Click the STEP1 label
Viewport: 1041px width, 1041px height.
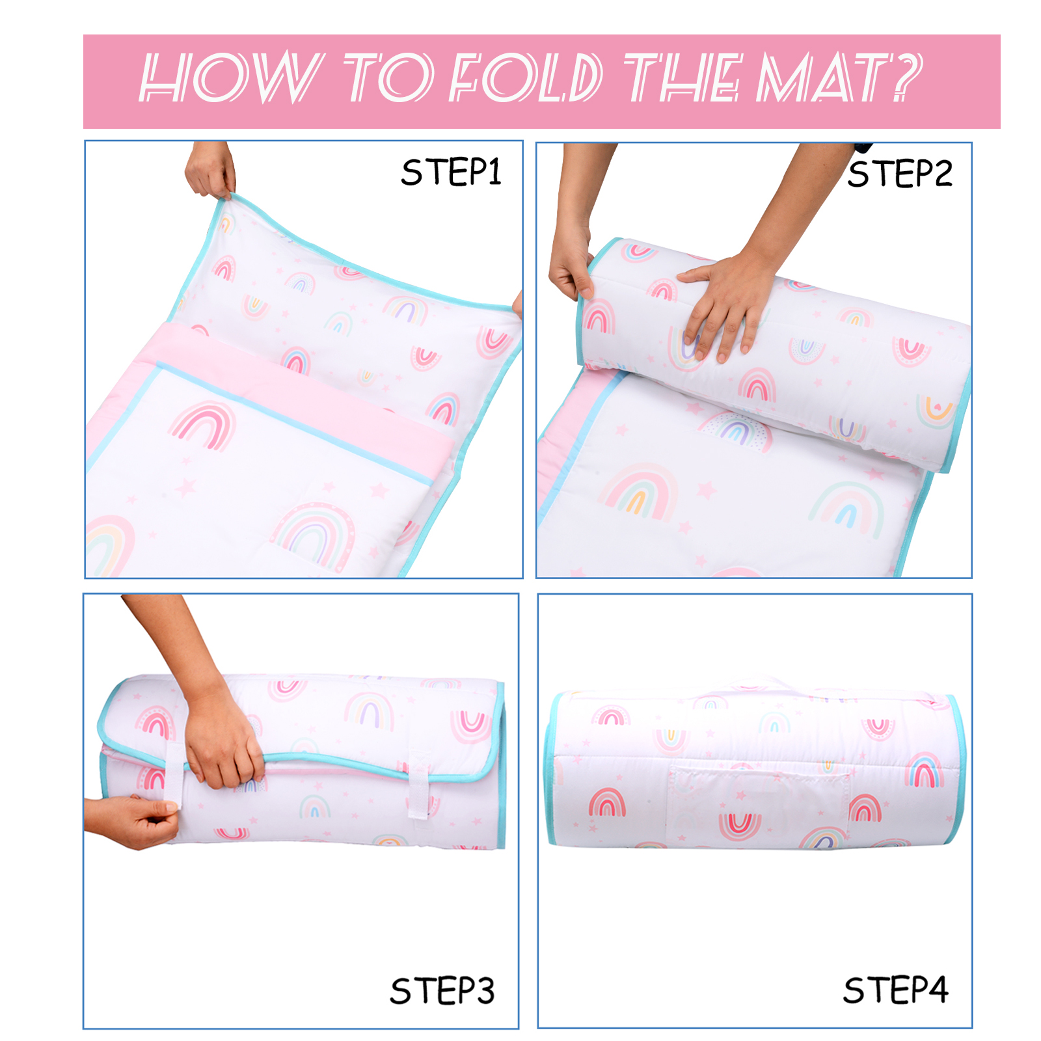(451, 172)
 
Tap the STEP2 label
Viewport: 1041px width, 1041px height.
(900, 174)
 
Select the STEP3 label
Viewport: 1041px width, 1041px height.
(442, 991)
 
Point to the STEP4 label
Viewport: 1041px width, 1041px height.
(896, 990)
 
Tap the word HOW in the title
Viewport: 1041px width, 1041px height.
(231, 78)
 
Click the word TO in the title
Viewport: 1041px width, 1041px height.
(388, 78)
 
